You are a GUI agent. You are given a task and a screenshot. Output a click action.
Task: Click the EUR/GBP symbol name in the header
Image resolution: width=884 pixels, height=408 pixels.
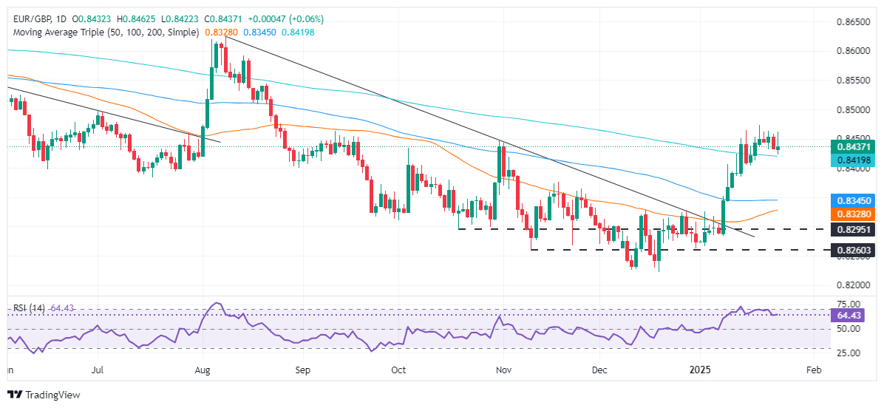pyautogui.click(x=29, y=18)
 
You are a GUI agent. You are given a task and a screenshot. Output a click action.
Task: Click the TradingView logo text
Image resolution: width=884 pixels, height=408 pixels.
pyautogui.click(x=52, y=395)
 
